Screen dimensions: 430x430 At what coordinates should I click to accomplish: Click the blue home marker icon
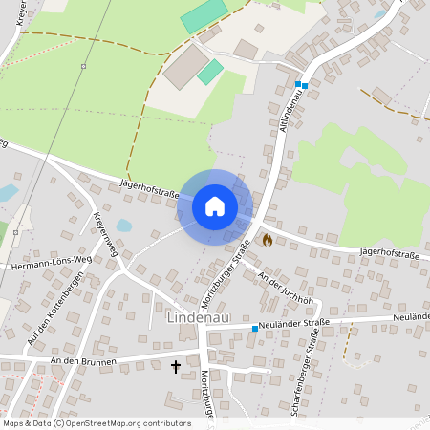coord(215,205)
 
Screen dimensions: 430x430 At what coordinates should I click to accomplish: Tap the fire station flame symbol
coord(268,240)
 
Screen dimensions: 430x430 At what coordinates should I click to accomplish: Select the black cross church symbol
coord(176,366)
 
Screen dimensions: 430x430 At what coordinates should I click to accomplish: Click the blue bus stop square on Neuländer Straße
coord(255,329)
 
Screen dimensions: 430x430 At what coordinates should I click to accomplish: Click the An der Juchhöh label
coord(286,286)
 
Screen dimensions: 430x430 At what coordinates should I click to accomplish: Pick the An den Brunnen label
coord(85,362)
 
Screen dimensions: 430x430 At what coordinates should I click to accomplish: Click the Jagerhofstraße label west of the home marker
coord(151,183)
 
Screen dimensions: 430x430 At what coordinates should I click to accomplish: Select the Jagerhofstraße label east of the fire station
coord(391,251)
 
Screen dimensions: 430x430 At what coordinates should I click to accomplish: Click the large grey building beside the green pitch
coord(187,66)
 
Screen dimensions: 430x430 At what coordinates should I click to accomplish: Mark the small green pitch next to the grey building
coord(210,72)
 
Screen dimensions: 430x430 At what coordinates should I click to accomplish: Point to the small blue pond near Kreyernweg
coord(123,226)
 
